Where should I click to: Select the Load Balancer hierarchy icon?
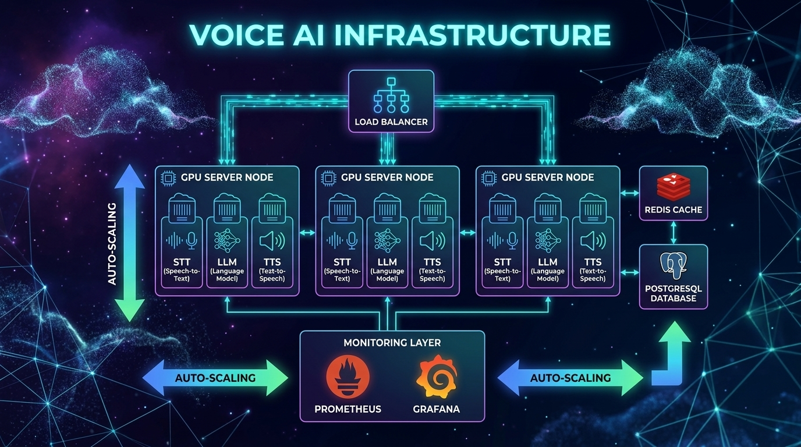pos(391,97)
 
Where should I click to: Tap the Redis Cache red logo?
pos(673,186)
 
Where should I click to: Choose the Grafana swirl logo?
pos(435,379)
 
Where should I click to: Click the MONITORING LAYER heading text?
pos(392,343)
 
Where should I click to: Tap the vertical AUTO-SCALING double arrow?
pos(127,243)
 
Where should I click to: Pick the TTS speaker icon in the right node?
pos(593,241)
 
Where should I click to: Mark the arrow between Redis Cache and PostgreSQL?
pos(674,232)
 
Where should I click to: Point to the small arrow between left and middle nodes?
pos(307,233)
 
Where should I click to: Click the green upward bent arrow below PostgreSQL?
pos(671,355)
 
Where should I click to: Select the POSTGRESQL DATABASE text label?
pos(674,293)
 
